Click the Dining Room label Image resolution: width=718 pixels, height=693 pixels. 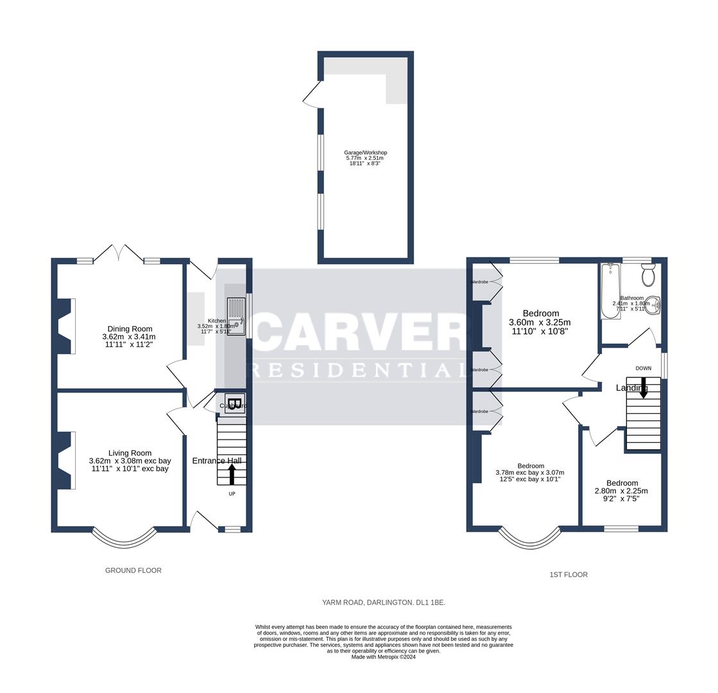(130, 329)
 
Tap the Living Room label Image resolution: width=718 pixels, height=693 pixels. (130, 453)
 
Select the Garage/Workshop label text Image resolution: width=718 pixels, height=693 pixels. (365, 153)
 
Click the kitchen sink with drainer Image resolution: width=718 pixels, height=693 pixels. (236, 316)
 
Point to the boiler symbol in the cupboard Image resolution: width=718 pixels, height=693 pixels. (235, 404)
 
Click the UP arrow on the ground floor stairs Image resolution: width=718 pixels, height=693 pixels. (232, 475)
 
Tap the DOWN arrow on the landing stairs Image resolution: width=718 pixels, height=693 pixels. (643, 388)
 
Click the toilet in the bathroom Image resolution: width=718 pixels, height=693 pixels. (648, 275)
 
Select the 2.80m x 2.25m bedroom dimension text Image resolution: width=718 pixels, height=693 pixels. (621, 491)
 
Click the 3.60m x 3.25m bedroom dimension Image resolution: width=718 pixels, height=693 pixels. (540, 322)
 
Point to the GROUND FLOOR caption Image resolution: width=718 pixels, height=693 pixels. (133, 570)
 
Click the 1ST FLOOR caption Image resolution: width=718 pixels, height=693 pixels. (568, 574)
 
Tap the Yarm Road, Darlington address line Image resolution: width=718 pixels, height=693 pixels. (383, 603)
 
